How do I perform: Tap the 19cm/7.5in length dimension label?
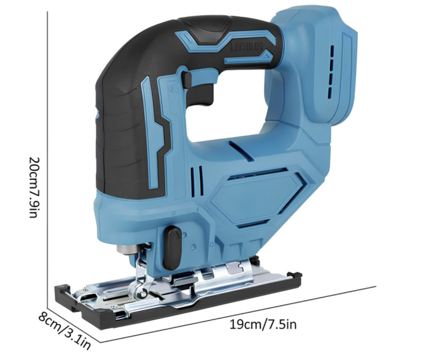[x=263, y=324]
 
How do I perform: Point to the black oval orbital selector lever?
[x=172, y=247]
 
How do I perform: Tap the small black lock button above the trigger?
[x=187, y=80]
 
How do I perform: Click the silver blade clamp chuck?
[x=128, y=250]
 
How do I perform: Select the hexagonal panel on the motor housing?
[x=257, y=197]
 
